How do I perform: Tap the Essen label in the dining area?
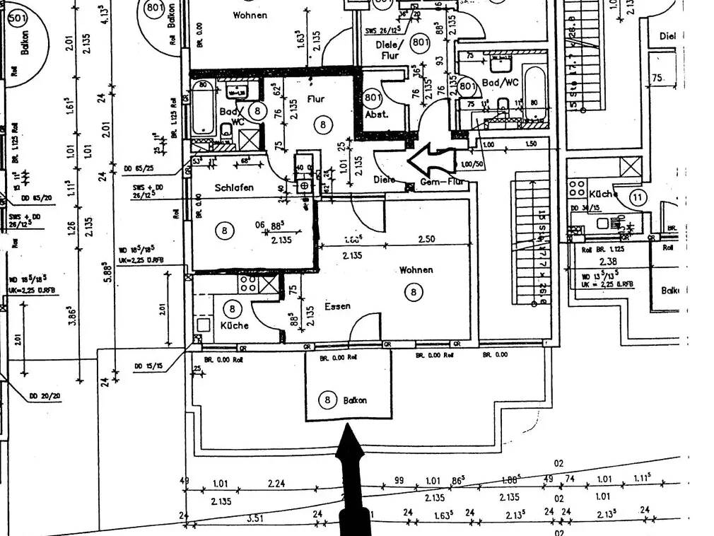(x=338, y=306)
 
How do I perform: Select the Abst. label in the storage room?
(x=376, y=114)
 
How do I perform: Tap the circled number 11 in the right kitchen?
(x=638, y=197)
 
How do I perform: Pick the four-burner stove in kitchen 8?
(x=248, y=284)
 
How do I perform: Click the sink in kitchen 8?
(x=204, y=326)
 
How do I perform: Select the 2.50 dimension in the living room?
(x=426, y=239)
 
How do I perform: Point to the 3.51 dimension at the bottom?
(x=254, y=518)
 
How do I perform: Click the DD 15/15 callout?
(x=149, y=366)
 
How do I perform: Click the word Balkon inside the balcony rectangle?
(x=355, y=400)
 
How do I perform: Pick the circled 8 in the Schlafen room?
(x=224, y=230)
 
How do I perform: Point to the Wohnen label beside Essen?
(x=416, y=269)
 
